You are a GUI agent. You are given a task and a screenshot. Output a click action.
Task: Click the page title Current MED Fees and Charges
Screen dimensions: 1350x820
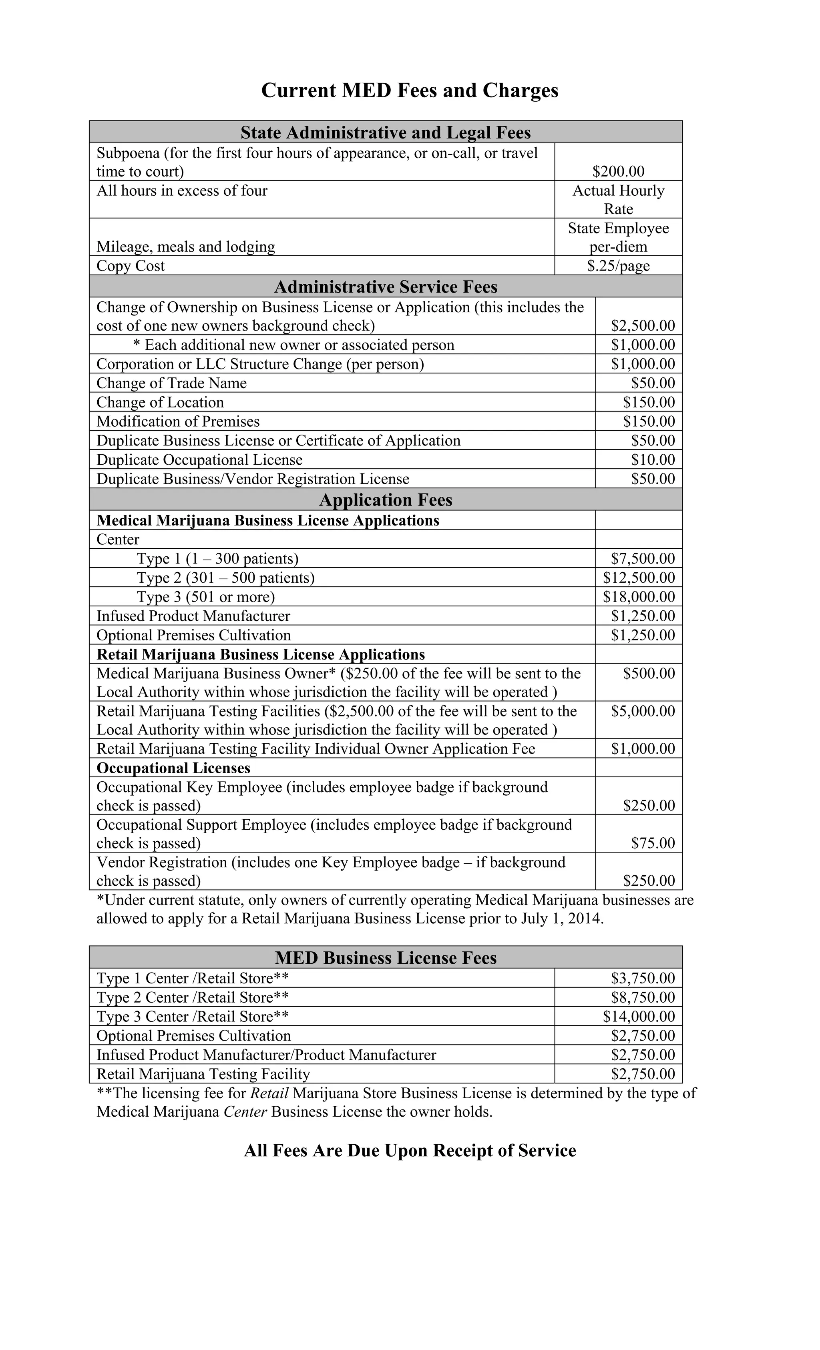[x=410, y=90]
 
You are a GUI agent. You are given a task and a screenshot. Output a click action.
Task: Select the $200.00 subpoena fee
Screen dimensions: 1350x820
[x=618, y=171]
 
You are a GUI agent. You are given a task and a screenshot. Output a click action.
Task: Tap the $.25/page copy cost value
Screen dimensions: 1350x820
[x=618, y=266]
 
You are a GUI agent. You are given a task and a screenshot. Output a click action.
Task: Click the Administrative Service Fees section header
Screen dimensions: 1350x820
[x=385, y=287]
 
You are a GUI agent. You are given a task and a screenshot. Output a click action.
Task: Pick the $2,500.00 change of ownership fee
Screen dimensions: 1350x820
[x=642, y=326]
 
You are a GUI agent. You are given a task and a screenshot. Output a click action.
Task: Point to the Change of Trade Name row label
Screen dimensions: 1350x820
[x=171, y=383]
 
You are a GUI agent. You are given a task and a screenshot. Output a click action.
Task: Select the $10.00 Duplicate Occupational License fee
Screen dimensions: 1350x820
[x=652, y=460]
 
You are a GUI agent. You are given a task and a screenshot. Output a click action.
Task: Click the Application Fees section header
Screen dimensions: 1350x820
[x=385, y=499]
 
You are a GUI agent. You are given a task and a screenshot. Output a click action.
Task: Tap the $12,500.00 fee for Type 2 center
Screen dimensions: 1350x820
[x=639, y=578]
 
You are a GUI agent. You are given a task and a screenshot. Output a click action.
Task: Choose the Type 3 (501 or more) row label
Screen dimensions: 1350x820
[x=205, y=597]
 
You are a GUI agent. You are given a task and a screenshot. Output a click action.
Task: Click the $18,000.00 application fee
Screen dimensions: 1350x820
[x=639, y=597]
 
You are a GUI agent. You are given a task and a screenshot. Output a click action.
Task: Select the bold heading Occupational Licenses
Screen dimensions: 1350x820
[x=173, y=768]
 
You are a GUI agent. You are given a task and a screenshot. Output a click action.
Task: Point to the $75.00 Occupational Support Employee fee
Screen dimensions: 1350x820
[x=652, y=843]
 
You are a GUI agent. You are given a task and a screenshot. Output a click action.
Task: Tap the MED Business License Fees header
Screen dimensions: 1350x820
[x=385, y=958]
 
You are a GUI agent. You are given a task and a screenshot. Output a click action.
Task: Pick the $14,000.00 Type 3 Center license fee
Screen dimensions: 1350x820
[x=639, y=1017]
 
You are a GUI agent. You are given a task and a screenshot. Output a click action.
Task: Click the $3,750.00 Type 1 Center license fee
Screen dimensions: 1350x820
[x=642, y=979]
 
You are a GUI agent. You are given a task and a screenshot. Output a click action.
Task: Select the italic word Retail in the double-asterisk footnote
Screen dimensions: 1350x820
[x=269, y=1093]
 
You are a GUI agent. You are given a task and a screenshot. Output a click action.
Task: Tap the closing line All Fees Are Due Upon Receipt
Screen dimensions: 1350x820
[x=410, y=1151]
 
